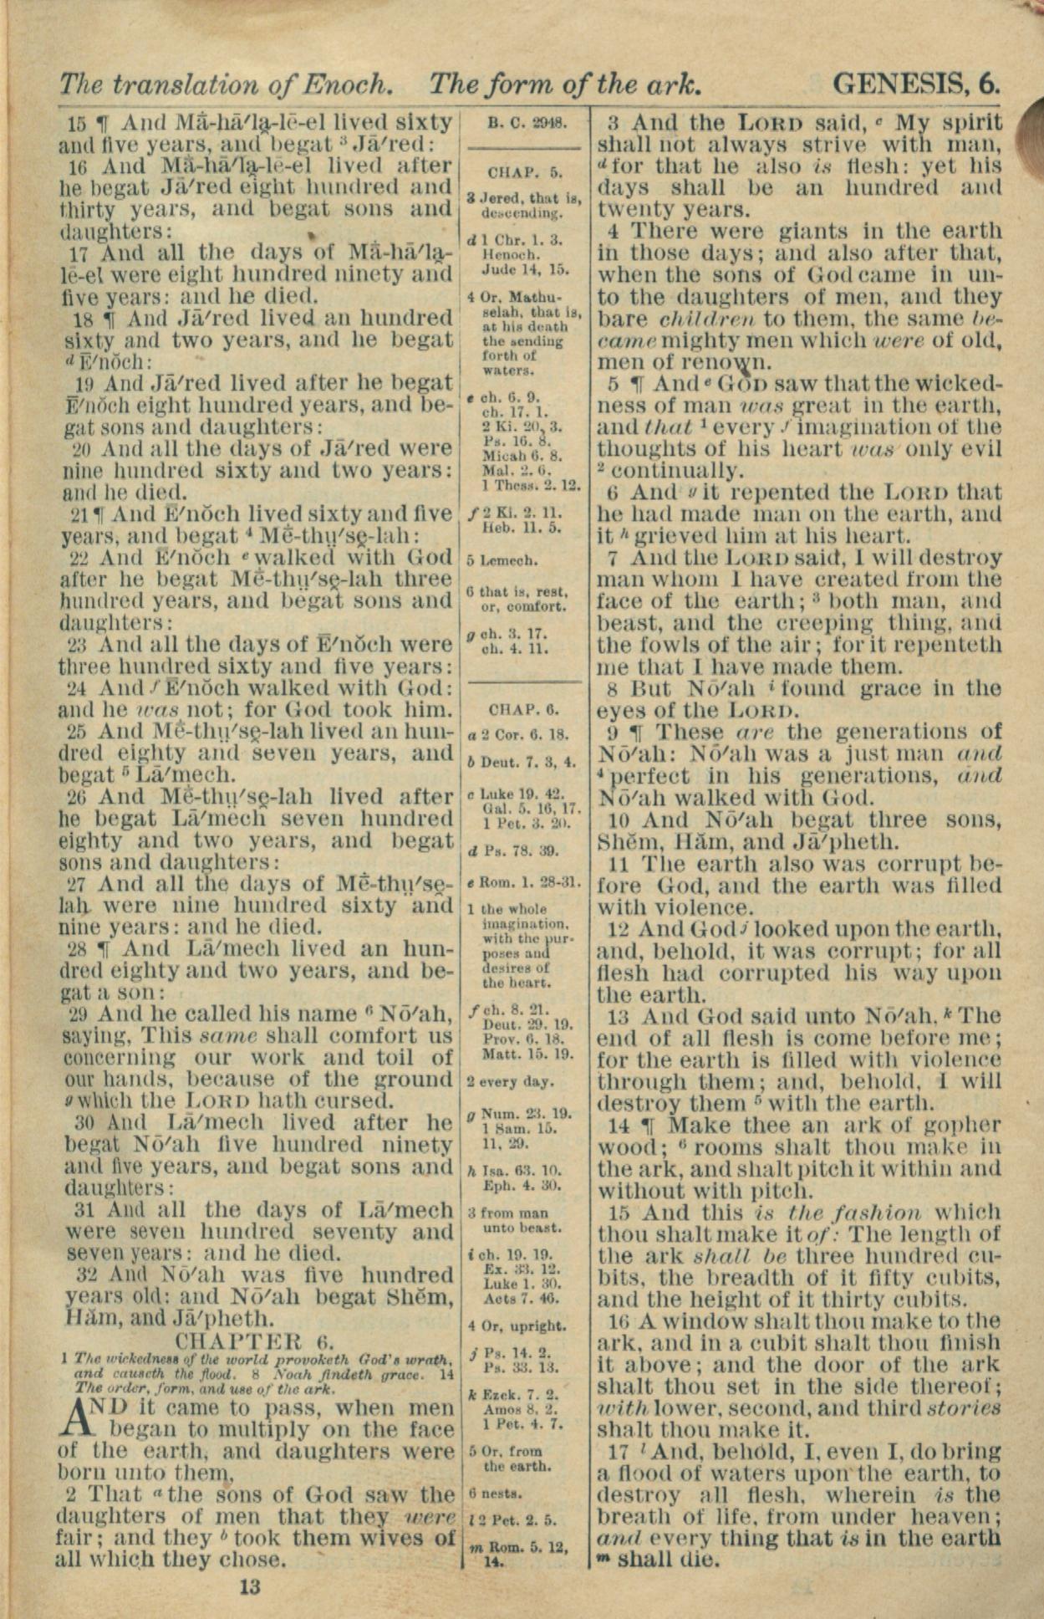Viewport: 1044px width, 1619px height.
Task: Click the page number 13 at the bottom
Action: (x=250, y=1586)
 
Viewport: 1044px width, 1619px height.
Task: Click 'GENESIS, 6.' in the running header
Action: (x=916, y=84)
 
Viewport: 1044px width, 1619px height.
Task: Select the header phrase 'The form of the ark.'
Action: (x=564, y=84)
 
